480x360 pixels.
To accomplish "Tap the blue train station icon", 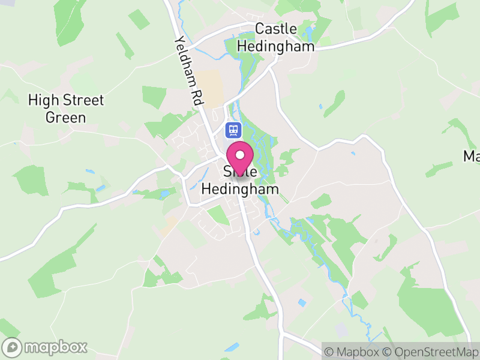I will [232, 129].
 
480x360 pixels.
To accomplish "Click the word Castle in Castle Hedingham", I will [276, 28].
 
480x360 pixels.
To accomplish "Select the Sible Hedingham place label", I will [240, 181].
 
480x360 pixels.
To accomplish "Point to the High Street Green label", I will [66, 109].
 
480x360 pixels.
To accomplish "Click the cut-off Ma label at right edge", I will [471, 157].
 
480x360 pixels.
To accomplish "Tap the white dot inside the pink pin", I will [240, 155].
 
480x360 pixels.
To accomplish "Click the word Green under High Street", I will [66, 117].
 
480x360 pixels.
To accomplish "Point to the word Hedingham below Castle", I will [276, 46].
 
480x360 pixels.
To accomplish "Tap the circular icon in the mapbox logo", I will [12, 347].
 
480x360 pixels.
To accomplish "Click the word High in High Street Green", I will [42, 100].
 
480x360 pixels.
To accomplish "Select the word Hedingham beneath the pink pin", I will [240, 188].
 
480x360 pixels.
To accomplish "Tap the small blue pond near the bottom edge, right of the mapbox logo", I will [231, 347].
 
